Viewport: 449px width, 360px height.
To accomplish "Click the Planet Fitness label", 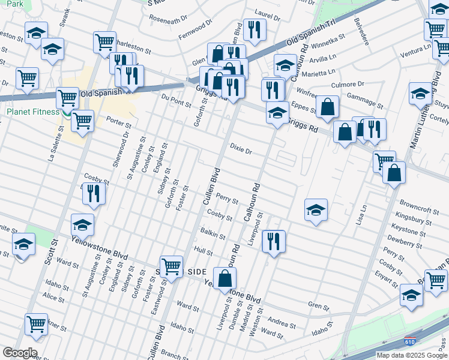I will pos(33,112).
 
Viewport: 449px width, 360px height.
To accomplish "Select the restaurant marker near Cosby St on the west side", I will pos(93,193).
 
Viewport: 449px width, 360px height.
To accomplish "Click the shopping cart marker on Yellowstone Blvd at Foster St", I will pos(172,265).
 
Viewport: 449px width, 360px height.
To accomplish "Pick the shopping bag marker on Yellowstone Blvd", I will pos(224,279).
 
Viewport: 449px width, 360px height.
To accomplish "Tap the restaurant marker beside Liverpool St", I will pos(273,241).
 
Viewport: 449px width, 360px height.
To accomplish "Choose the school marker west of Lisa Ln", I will pos(316,210).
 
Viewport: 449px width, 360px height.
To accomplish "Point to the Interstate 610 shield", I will pos(411,340).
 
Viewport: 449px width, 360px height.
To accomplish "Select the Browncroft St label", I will pos(418,211).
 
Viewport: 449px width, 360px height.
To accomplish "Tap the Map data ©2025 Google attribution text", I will pos(412,355).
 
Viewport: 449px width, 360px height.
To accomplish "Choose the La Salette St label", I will pos(52,148).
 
